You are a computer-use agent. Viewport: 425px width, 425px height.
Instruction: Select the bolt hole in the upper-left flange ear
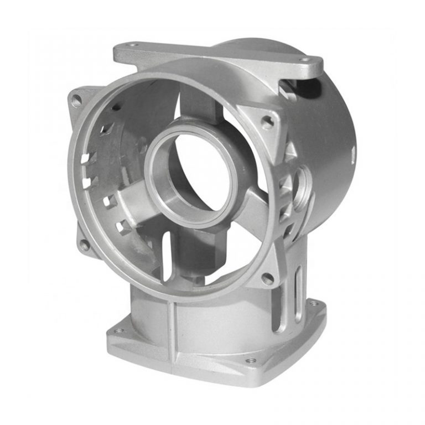pos(76,100)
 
